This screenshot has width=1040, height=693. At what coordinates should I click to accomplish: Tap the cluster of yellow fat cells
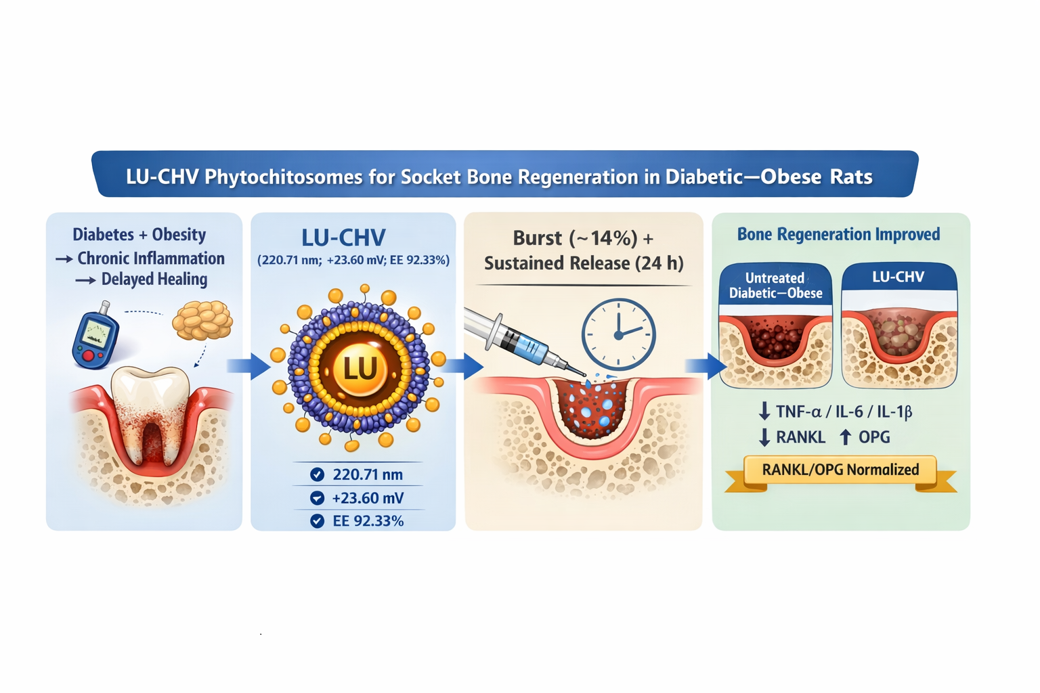point(202,319)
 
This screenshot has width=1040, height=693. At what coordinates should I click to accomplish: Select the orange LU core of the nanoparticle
point(360,369)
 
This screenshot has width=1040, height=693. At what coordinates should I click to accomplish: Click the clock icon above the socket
point(618,334)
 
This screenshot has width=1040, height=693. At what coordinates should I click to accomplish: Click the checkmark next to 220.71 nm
point(317,474)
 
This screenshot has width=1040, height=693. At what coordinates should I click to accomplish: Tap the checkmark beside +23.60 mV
point(317,498)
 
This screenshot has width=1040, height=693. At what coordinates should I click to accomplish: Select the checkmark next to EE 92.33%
point(317,521)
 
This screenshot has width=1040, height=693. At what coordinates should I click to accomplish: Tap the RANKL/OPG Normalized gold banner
point(840,470)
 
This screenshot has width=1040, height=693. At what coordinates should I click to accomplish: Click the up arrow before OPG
point(846,437)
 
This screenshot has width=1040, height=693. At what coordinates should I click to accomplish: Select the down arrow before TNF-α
point(764,411)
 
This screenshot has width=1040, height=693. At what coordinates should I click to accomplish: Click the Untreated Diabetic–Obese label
point(775,286)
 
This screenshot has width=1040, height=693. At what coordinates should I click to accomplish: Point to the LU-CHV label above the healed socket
point(898,277)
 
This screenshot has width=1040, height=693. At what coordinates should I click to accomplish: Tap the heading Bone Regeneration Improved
point(838,234)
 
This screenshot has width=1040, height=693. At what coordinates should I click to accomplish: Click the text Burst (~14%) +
point(583,238)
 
